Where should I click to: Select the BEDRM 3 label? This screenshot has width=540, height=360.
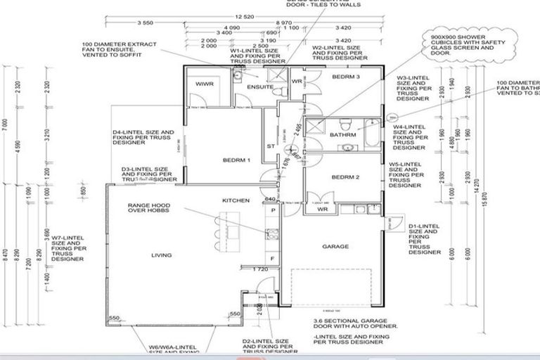tap(346, 76)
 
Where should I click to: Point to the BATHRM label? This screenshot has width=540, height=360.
tap(342, 134)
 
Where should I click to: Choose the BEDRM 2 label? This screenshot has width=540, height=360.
tap(345, 176)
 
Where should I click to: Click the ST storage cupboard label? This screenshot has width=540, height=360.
tap(269, 147)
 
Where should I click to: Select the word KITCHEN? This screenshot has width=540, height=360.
tap(236, 200)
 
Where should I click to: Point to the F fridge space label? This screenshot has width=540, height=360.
tap(272, 259)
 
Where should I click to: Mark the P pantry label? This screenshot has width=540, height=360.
tap(272, 210)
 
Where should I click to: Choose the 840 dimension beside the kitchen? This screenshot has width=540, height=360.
tap(271, 200)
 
